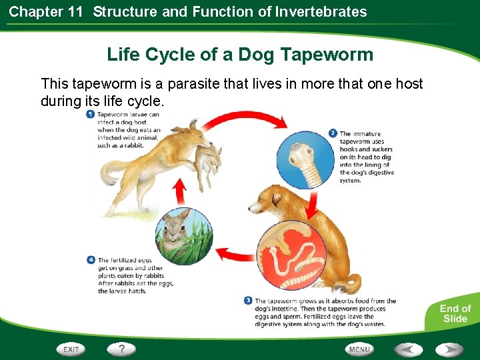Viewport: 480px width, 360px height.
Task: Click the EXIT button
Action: pyautogui.click(x=71, y=349)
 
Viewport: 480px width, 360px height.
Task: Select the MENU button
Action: pyautogui.click(x=359, y=349)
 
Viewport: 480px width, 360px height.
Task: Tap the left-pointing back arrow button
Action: pyautogui.click(x=407, y=349)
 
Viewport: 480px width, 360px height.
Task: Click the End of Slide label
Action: pyautogui.click(x=455, y=313)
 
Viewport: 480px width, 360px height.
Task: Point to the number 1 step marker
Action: pyautogui.click(x=90, y=115)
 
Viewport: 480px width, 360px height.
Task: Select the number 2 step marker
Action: pyautogui.click(x=333, y=133)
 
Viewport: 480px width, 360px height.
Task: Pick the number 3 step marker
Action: pyautogui.click(x=249, y=301)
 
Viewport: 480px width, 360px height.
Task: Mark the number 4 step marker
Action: pyautogui.click(x=91, y=260)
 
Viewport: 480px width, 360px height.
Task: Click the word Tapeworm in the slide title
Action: pyautogui.click(x=327, y=55)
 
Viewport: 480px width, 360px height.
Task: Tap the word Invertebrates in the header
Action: pyautogui.click(x=322, y=11)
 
